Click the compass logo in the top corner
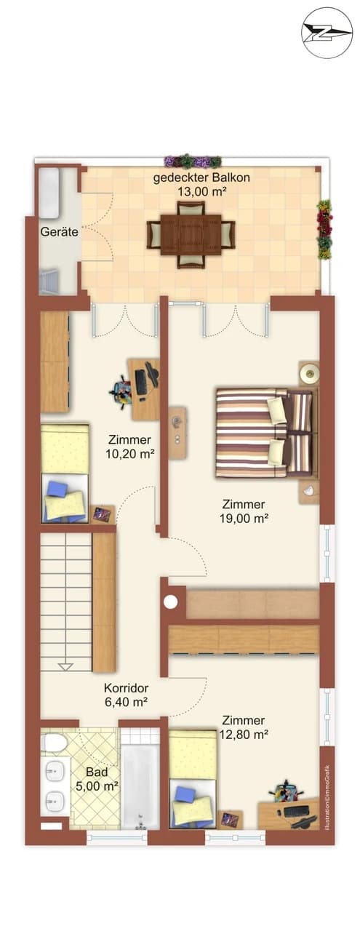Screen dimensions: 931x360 (x=327, y=33)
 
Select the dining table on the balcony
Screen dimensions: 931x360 (x=191, y=234)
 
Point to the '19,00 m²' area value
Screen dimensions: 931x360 (x=244, y=518)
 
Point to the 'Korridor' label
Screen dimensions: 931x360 (x=126, y=687)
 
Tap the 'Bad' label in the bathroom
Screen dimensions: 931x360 (x=96, y=771)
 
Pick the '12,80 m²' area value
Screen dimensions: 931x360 (x=244, y=734)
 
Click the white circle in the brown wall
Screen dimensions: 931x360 (x=171, y=602)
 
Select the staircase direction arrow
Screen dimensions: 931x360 (x=66, y=666)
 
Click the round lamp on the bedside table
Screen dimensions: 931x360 (x=311, y=375)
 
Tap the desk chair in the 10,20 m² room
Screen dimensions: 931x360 (x=122, y=391)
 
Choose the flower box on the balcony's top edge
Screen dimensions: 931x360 (x=193, y=161)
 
